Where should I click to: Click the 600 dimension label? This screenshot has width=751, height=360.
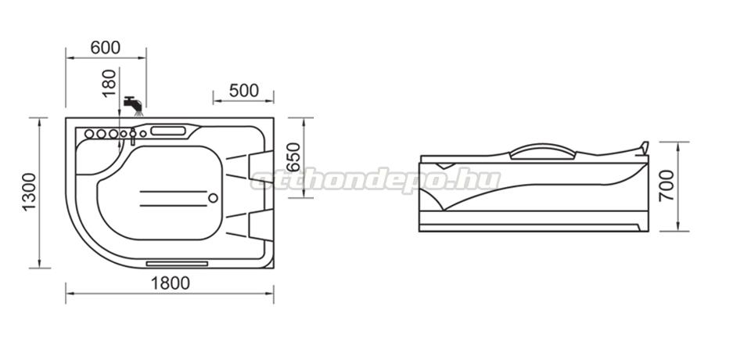(106, 48)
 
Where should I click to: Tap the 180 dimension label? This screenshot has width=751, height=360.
(110, 82)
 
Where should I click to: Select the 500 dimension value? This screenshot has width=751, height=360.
(244, 90)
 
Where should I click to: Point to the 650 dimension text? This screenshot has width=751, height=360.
(293, 157)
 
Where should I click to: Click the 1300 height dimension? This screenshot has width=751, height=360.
(30, 192)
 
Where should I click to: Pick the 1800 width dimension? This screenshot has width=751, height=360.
(171, 283)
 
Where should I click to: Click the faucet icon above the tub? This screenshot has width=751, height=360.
(133, 106)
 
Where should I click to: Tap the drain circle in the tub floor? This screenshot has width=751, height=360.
(213, 198)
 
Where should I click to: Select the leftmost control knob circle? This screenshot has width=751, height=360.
(89, 134)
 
